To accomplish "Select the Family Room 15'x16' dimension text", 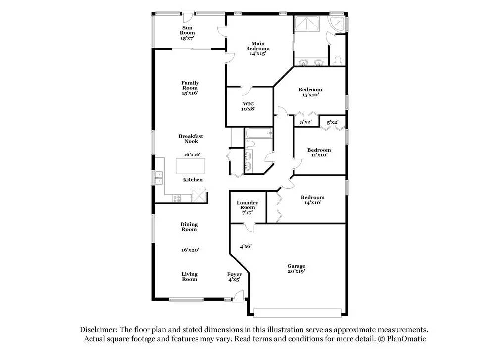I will click(x=190, y=93).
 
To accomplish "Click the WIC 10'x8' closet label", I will click(x=248, y=106).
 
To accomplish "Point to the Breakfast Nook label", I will click(x=191, y=139).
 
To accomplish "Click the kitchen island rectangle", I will click(x=190, y=166).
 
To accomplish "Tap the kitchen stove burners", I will click(x=177, y=198).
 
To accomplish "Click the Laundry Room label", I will click(x=247, y=205).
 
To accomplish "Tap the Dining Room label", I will click(x=189, y=227).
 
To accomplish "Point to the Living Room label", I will click(x=189, y=276).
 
